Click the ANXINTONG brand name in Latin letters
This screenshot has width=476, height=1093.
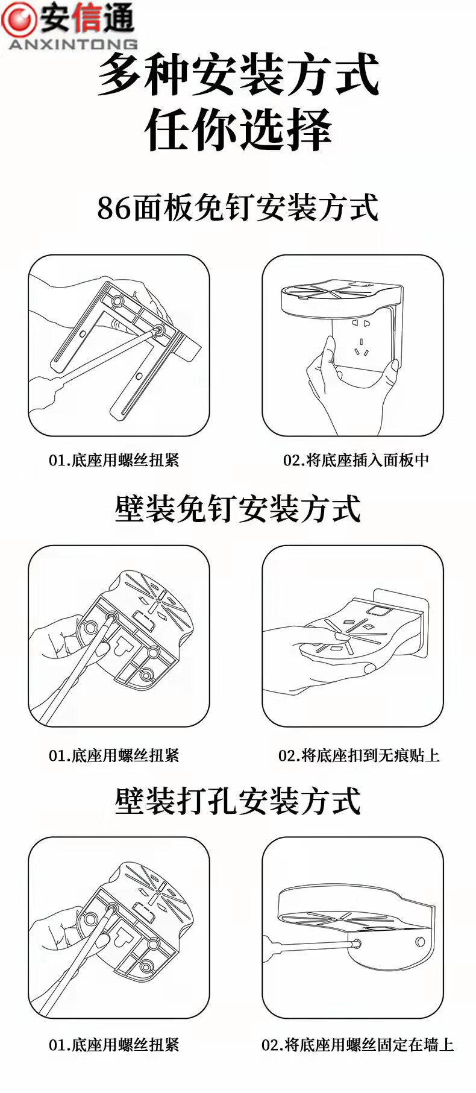73,44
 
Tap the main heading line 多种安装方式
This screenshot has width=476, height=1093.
239,75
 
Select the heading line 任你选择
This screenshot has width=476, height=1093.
239,130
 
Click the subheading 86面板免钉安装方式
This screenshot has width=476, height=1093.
238,208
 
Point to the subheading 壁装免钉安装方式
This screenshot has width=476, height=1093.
238,509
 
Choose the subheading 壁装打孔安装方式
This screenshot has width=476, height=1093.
238,801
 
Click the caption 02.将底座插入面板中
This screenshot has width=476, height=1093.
356,460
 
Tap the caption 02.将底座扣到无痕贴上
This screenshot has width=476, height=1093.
359,755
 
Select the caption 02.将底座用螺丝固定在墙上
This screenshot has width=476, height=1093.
357,1045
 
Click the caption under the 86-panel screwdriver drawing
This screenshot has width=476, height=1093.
114,460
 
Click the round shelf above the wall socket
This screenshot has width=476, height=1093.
340,296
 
